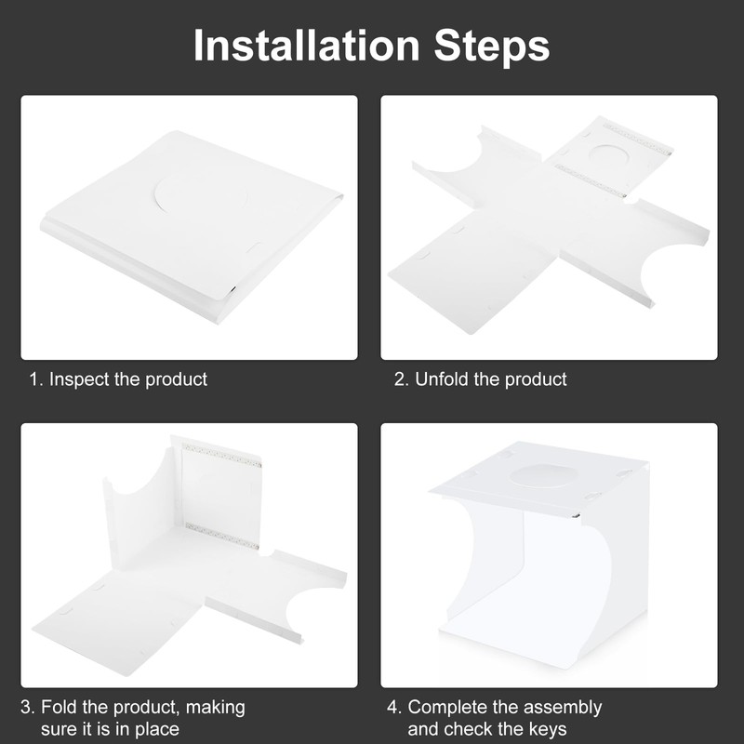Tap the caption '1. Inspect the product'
[118, 379]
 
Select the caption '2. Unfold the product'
[481, 379]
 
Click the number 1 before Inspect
[34, 379]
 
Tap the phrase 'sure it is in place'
[110, 729]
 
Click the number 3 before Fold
[27, 708]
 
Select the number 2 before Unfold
[400, 379]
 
